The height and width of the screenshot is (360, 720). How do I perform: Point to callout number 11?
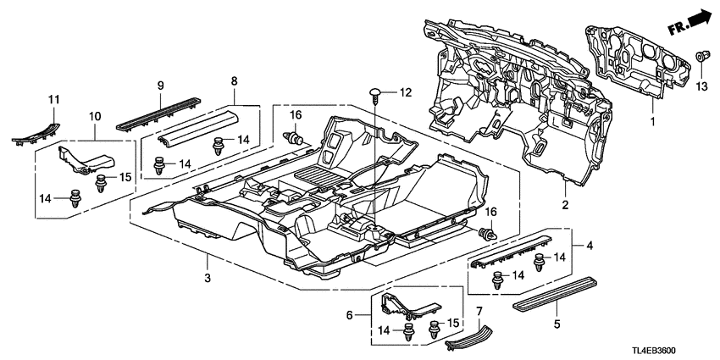pos(53,102)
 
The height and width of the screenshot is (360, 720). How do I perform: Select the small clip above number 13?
pos(702,58)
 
